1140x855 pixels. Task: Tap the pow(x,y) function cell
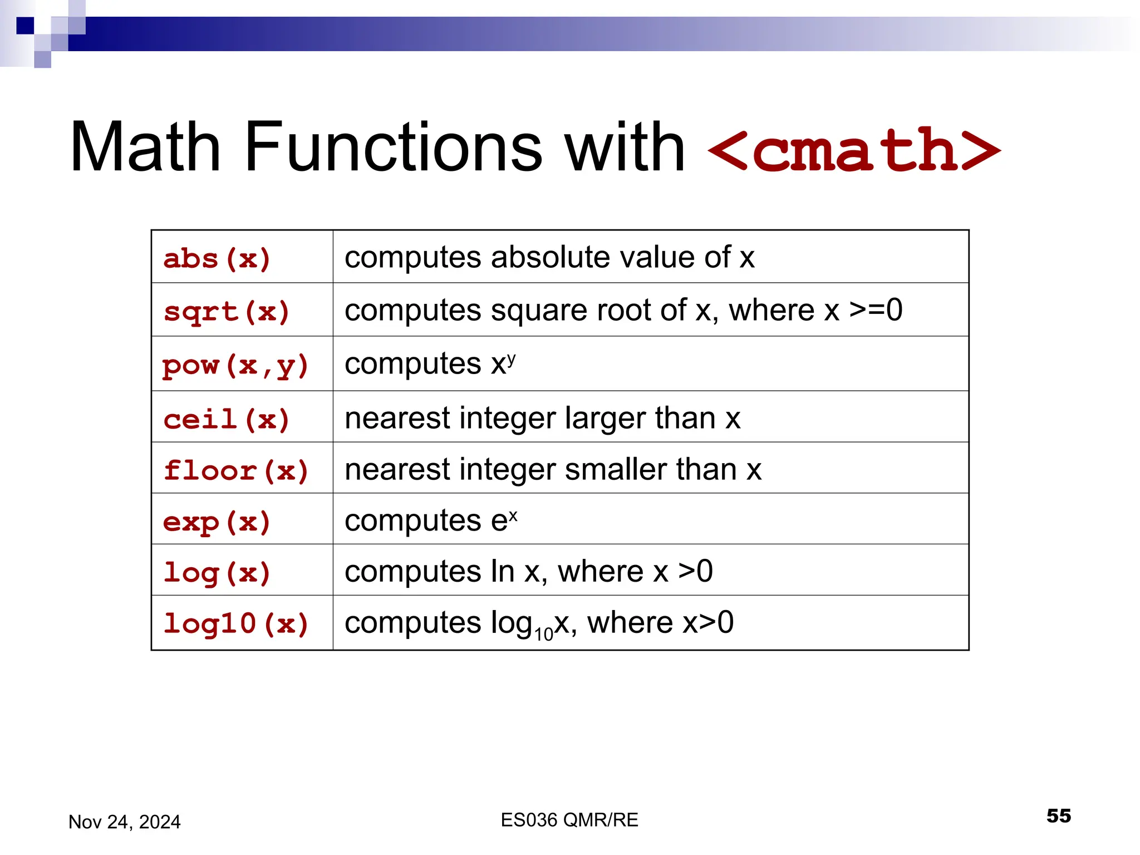235,366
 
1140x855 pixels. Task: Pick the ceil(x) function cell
227,419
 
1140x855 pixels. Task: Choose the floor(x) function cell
236,470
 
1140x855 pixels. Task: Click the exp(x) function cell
217,522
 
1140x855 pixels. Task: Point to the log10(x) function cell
236,623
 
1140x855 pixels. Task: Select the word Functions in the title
393,148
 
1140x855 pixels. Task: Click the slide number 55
1058,816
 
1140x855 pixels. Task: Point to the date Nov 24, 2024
124,822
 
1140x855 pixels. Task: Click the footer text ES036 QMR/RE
569,820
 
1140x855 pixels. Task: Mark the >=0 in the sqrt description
876,310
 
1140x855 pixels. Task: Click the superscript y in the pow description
511,357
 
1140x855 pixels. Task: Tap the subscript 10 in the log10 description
543,633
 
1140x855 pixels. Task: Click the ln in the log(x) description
502,571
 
